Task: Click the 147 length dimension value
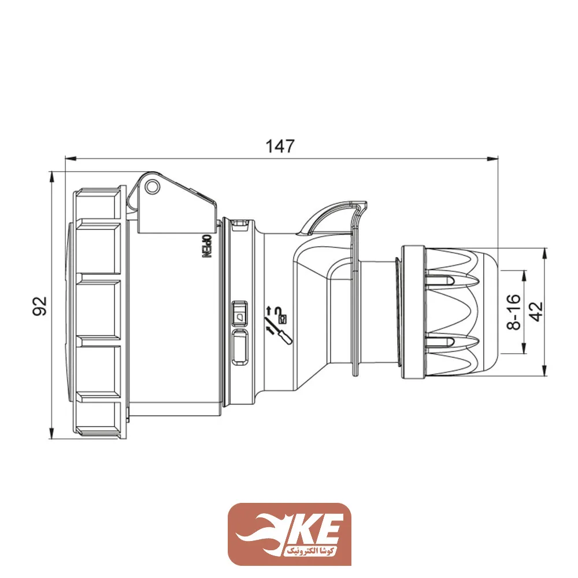coord(280,146)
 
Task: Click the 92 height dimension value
coord(40,306)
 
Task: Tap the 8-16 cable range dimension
coord(513,312)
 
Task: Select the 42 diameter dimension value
coord(536,312)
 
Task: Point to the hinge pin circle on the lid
coord(151,187)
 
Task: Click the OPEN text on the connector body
coord(208,246)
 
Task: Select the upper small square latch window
coord(239,313)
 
